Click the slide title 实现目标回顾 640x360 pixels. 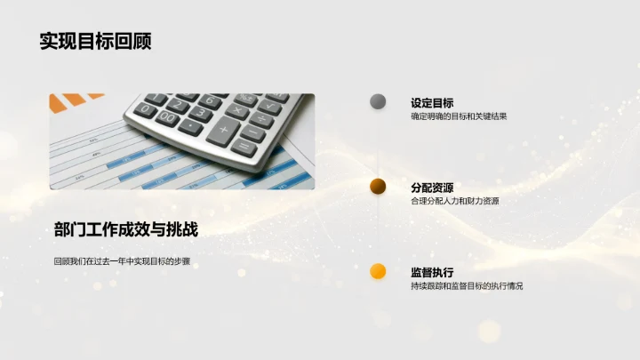pos(95,41)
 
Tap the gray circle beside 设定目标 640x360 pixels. pos(378,101)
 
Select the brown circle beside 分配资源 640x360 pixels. pos(378,186)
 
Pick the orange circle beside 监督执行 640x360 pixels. pos(378,271)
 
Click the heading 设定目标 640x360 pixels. pos(432,103)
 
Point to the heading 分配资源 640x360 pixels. pos(432,188)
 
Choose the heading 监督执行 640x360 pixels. pos(432,272)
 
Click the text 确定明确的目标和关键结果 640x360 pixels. pos(459,116)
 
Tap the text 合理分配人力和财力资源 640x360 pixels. pos(454,201)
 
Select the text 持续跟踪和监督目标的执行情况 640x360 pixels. pos(467,286)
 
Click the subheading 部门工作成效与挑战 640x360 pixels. pos(125,229)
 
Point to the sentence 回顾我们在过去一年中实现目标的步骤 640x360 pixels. pos(122,261)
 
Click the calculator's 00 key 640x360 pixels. pos(167,117)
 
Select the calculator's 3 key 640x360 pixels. pos(200,113)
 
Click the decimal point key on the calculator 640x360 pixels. pos(191,125)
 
